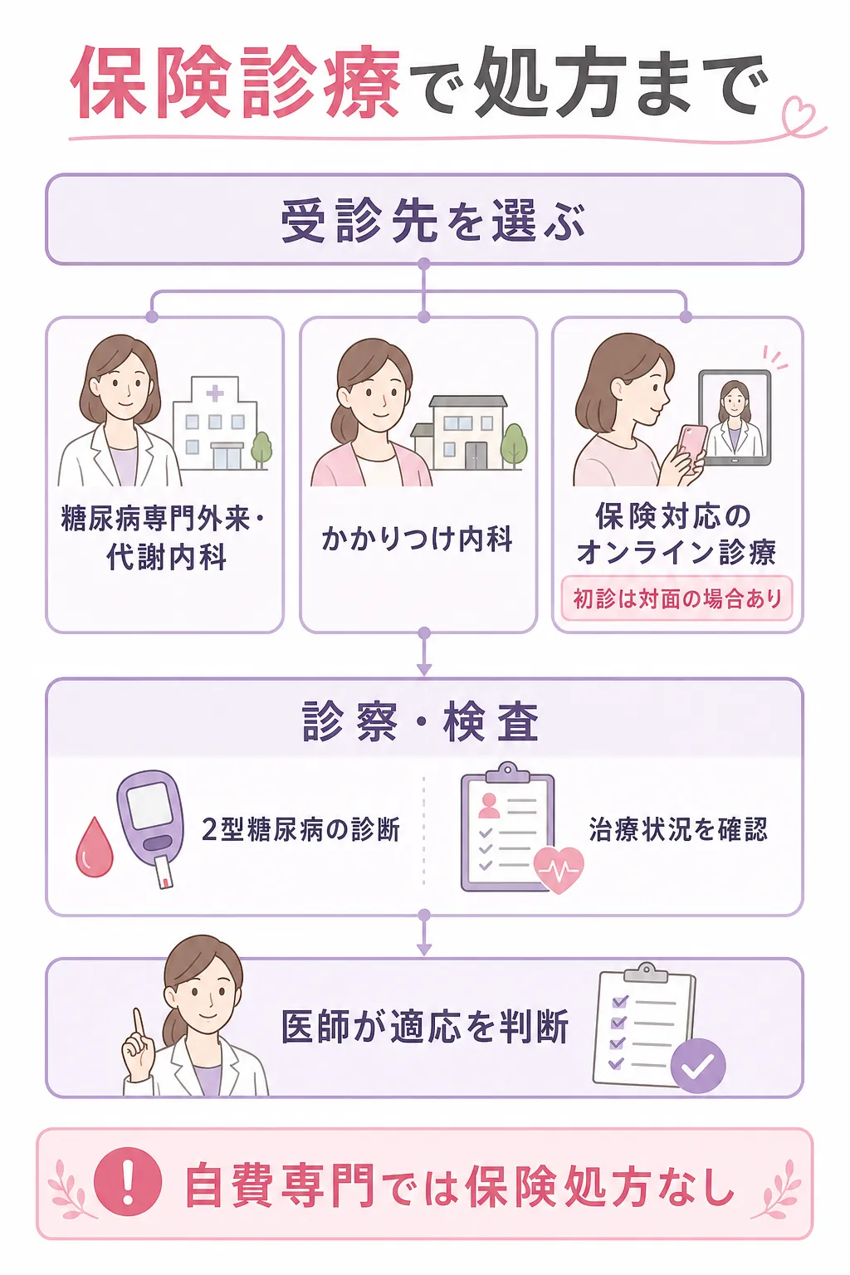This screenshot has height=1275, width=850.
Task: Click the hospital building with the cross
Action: (215, 423)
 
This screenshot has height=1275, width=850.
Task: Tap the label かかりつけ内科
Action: (418, 538)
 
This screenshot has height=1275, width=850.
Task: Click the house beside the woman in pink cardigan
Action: (459, 433)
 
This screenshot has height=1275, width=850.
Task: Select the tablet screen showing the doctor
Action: (735, 418)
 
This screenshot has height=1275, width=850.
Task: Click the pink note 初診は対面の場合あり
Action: (677, 598)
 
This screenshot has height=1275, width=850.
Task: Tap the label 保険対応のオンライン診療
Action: (676, 534)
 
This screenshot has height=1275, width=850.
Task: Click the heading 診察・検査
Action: (421, 721)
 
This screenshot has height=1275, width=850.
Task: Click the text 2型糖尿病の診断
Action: (301, 829)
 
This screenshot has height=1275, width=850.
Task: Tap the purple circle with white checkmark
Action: (698, 1066)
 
